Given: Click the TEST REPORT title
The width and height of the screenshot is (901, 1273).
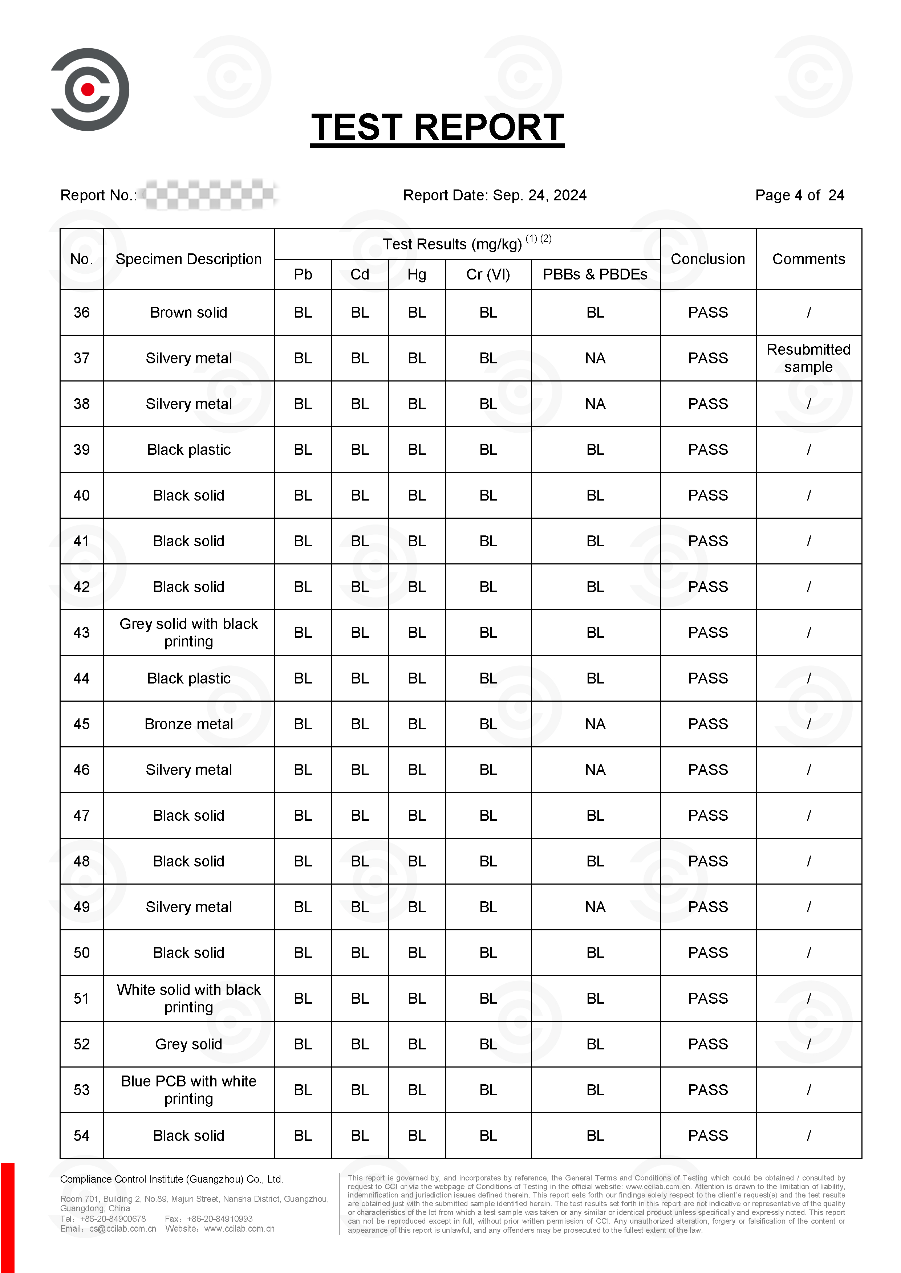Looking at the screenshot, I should tap(437, 127).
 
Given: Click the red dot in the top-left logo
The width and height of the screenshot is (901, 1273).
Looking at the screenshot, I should tap(88, 89).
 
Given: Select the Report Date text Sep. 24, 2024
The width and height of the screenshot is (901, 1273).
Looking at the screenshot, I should tap(539, 195).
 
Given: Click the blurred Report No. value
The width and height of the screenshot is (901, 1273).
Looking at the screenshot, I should tap(210, 195).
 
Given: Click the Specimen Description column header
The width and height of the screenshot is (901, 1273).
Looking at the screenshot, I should tap(188, 259).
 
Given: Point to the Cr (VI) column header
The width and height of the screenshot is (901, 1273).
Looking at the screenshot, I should tap(488, 274).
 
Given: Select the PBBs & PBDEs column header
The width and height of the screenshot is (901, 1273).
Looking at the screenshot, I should tap(595, 274).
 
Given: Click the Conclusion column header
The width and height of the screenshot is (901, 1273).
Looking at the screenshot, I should tap(707, 259).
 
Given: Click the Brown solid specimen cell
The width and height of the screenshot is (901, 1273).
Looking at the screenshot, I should tap(188, 313).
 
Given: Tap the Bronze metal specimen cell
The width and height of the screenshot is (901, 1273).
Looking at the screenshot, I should tap(188, 724).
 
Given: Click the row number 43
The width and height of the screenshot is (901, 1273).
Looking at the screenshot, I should tap(82, 633).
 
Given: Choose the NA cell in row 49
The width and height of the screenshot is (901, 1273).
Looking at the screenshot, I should tap(595, 907).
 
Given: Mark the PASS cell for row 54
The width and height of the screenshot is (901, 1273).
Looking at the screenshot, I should tap(707, 1135).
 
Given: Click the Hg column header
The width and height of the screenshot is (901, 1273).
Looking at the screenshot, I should tap(417, 274).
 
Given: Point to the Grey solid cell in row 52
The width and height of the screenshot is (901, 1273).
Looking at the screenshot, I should tap(188, 1044).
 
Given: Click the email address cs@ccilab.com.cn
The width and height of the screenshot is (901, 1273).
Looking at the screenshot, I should tap(123, 1229).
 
